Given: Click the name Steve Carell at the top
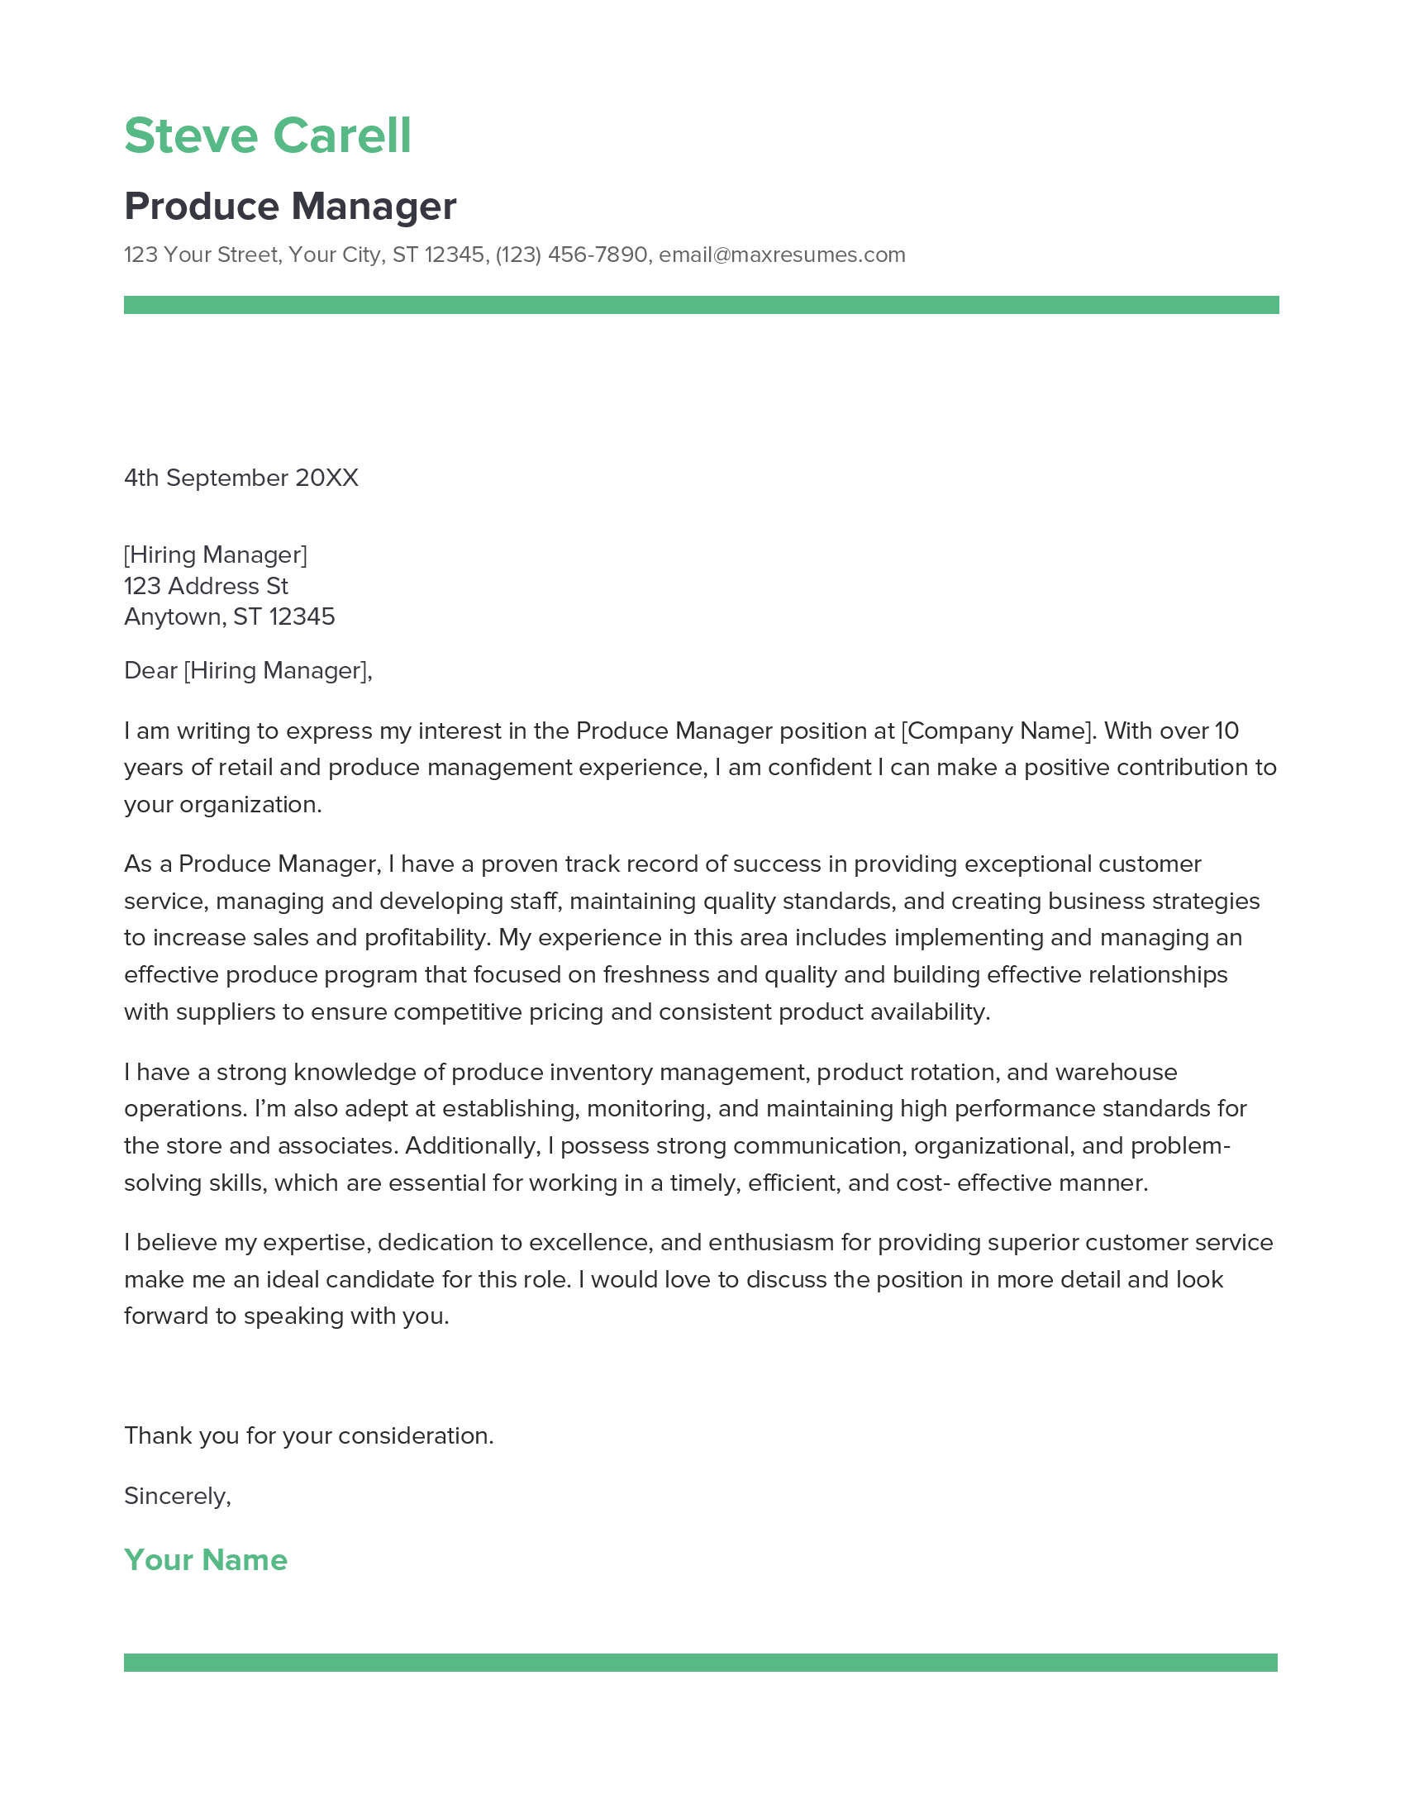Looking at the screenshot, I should coord(267,136).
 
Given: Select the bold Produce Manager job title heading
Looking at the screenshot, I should coord(289,207).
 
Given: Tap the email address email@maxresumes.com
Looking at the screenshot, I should coord(782,255).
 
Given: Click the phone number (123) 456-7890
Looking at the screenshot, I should coord(571,255).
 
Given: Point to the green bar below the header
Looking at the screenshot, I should coord(701,305).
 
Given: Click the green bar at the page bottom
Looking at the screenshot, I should coord(701,1663).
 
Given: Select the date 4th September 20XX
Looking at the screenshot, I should coord(241,478).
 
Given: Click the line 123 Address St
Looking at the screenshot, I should coord(206,586).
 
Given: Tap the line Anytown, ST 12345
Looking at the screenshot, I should coord(229,616).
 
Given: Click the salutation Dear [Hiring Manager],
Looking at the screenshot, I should coord(248,671).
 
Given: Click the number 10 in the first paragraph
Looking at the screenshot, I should coord(1226,731).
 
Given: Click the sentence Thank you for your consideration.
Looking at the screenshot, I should coord(309,1436).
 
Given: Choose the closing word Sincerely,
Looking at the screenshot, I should coord(178,1497).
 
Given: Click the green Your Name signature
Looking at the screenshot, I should coord(206,1560).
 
